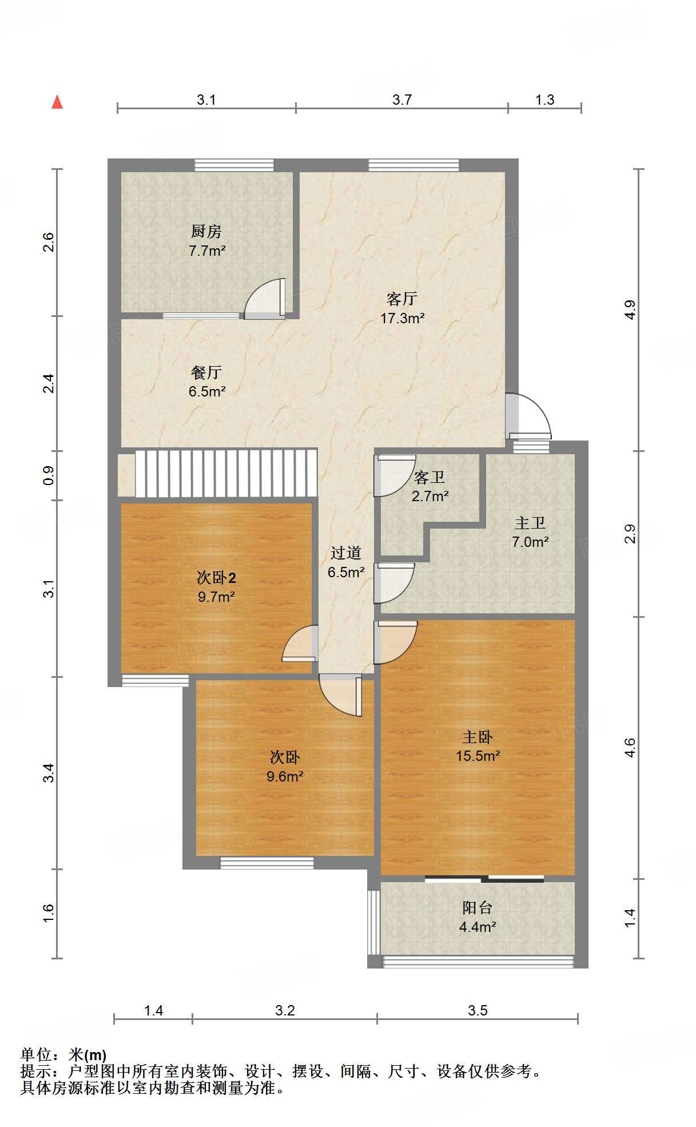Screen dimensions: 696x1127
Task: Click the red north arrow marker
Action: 57,102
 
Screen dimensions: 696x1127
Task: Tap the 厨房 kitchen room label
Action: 206,231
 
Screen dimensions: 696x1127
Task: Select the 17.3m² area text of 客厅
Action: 403,318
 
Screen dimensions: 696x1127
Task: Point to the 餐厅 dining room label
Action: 206,372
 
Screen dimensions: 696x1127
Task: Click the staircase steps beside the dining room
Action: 226,473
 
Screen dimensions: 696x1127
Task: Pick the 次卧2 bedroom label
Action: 216,578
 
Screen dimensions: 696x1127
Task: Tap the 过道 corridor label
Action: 346,553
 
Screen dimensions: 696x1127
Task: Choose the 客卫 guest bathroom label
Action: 429,477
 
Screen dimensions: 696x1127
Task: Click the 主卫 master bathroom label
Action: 530,523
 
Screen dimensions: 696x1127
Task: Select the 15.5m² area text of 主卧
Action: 478,756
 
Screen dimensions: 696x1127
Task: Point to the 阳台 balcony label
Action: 478,907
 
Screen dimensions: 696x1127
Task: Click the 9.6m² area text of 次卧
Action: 285,776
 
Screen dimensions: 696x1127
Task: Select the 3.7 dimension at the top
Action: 402,100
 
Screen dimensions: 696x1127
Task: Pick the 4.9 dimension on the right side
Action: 630,309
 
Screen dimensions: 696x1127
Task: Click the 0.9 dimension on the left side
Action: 49,475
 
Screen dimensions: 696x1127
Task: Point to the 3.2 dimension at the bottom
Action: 285,1010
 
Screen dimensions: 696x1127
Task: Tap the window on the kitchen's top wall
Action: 234,165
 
